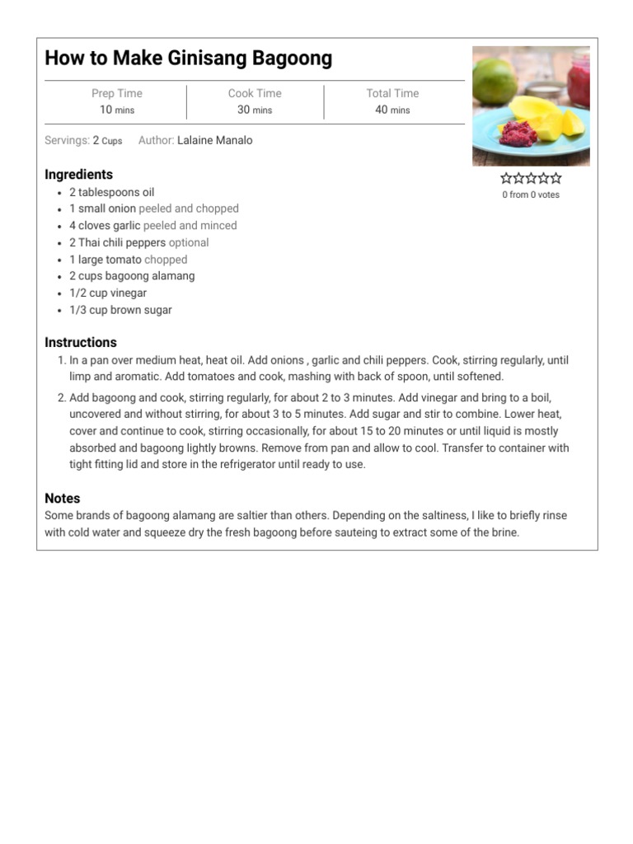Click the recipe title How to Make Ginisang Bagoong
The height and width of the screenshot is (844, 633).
(188, 59)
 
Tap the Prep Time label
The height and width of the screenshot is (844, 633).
(117, 94)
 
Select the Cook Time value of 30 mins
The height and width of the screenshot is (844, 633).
(255, 110)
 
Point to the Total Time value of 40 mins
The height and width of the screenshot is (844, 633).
(392, 110)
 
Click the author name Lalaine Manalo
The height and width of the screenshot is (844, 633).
(214, 141)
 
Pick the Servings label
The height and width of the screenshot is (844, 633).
(67, 141)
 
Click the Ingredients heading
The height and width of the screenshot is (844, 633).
(78, 175)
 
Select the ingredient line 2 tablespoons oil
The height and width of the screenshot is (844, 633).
(111, 192)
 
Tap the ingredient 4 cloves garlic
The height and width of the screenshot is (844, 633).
(105, 226)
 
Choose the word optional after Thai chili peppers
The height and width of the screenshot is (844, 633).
(189, 242)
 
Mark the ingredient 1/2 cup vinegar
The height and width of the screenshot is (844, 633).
(108, 293)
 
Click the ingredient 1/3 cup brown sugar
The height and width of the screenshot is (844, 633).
(120, 310)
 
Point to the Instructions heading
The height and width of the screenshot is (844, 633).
(81, 343)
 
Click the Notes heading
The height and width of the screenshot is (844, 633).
(63, 499)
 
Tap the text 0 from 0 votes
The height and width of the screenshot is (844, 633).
(531, 195)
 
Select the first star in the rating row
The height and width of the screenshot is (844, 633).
(506, 178)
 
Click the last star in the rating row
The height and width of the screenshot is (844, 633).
(556, 178)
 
